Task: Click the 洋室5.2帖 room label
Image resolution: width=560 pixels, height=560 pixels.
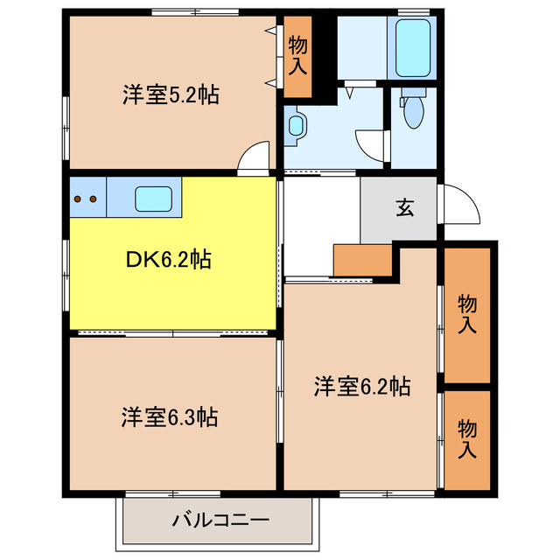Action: pos(170,94)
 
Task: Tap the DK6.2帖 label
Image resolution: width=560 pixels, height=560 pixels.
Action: pos(169,260)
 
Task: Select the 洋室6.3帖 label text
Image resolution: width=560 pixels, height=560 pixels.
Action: pos(169,416)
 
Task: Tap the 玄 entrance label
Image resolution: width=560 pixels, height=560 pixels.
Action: pos(403,208)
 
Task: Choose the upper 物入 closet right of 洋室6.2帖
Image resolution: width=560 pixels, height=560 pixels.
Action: pos(466,315)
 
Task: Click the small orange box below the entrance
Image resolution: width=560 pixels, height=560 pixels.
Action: pos(362,260)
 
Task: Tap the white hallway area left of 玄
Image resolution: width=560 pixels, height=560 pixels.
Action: pos(321,226)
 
